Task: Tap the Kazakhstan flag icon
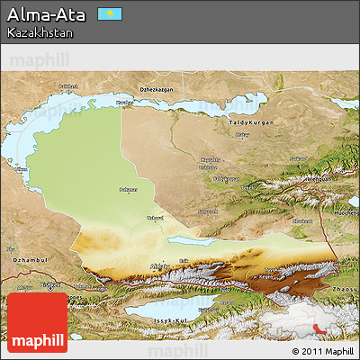click(110, 14)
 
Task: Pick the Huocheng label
click(346, 212)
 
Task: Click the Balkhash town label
click(68, 86)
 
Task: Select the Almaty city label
click(159, 265)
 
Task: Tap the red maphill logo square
click(37, 321)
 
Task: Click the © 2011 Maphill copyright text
click(323, 350)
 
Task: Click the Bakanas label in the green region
click(129, 190)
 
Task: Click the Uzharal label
click(155, 217)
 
